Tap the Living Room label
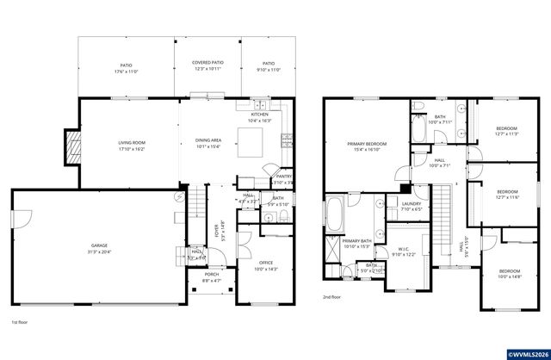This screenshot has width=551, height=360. pos(132,145)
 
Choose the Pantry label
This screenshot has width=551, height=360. pos(284,178)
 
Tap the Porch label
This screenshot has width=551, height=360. pos(211,276)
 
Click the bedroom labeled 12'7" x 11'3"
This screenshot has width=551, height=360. pos(507,132)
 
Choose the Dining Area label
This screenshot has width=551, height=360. pos(208,143)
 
